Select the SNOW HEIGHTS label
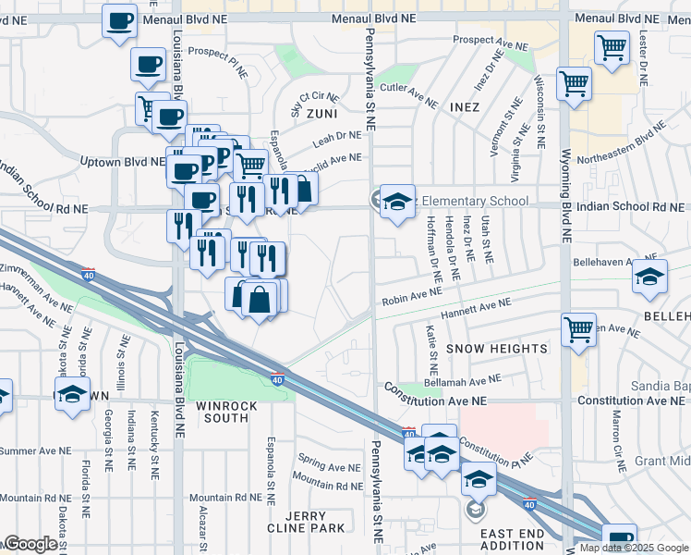[x=497, y=349]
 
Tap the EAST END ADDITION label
[x=512, y=539]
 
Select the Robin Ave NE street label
[x=412, y=298]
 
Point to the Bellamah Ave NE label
[x=462, y=378]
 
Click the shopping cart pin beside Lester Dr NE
[x=612, y=47]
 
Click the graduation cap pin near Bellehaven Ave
[x=649, y=277]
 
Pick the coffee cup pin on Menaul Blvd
[x=119, y=21]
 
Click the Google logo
[x=30, y=544]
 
